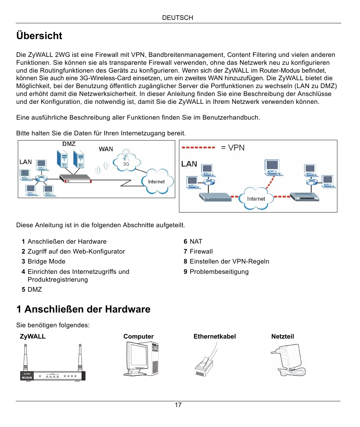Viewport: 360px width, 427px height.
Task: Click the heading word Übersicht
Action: coord(39,36)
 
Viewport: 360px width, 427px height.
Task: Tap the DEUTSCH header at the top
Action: coord(178,18)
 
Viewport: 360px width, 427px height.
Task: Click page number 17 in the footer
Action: coord(178,405)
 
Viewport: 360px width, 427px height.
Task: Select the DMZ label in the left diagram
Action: coord(69,144)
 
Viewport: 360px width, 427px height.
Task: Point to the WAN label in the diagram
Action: coord(106,149)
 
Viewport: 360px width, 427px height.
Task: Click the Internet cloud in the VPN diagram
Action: coord(256,199)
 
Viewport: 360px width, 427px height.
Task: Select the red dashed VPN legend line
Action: coord(199,148)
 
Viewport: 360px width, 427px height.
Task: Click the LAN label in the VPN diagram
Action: coord(189,164)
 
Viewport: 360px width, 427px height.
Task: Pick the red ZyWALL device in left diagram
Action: coord(76,179)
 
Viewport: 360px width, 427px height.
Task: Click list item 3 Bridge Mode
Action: coord(44,261)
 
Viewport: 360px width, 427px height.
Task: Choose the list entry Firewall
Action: coord(201,252)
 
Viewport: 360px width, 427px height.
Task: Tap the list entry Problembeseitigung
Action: coord(219,272)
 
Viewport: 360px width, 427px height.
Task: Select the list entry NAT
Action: coord(196,242)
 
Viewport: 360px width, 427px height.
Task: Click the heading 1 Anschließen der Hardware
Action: coord(83,309)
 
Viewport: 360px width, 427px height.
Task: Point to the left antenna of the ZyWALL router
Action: coord(25,358)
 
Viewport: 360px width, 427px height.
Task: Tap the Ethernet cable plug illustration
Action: coord(203,367)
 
